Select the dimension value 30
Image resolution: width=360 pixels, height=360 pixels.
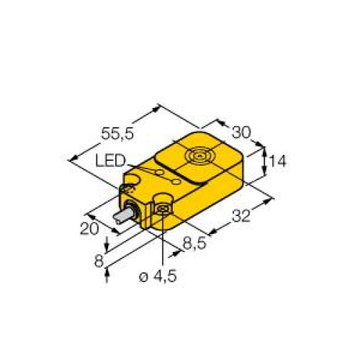(241, 132)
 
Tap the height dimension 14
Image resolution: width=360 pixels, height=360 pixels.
(277, 163)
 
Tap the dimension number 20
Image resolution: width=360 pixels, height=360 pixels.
(89, 229)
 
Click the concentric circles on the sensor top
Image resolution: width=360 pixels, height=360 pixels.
(199, 155)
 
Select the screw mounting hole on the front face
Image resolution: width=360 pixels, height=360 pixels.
(163, 209)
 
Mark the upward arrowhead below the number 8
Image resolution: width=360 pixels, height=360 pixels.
(108, 271)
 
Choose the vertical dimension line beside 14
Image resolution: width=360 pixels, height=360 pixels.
(266, 162)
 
